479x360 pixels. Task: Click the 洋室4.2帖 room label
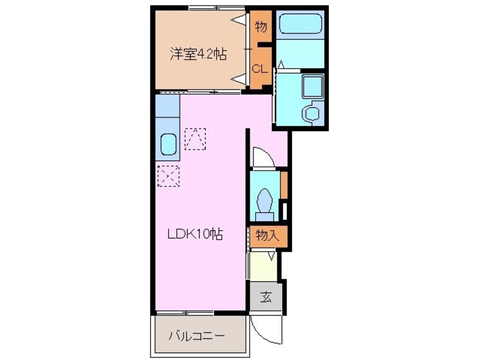pos(199,54)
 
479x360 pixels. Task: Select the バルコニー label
pos(196,336)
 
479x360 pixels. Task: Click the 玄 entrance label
pos(266,296)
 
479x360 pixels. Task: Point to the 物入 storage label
pos(267,234)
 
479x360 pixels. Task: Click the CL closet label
pos(259,70)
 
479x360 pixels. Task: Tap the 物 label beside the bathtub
pos(260,26)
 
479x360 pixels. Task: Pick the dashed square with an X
pos(168,175)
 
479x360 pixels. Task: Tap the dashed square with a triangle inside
pos(195,139)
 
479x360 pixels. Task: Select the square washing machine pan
pos(311,87)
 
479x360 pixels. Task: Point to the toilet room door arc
pos(262,157)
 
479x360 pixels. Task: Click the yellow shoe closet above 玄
pos(262,266)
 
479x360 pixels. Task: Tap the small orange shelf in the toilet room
pos(284,182)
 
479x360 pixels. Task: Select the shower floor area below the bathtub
pos(300,55)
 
